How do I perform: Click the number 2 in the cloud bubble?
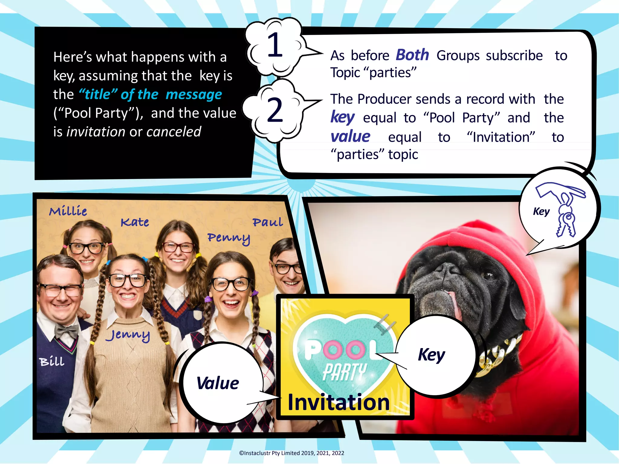(275, 110)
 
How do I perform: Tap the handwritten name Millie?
(68, 211)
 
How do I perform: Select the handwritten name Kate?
(135, 222)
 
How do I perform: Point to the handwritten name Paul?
(268, 222)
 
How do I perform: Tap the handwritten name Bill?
(52, 361)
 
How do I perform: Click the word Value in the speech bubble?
(218, 383)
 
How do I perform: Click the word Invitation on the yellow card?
(339, 402)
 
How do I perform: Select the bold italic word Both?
(412, 55)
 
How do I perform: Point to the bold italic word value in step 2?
(350, 137)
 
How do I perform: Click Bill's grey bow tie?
(66, 331)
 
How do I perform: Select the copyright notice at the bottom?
(291, 453)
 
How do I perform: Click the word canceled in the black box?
(174, 132)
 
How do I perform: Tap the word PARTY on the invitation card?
(345, 372)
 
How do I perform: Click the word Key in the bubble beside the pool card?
(431, 355)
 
